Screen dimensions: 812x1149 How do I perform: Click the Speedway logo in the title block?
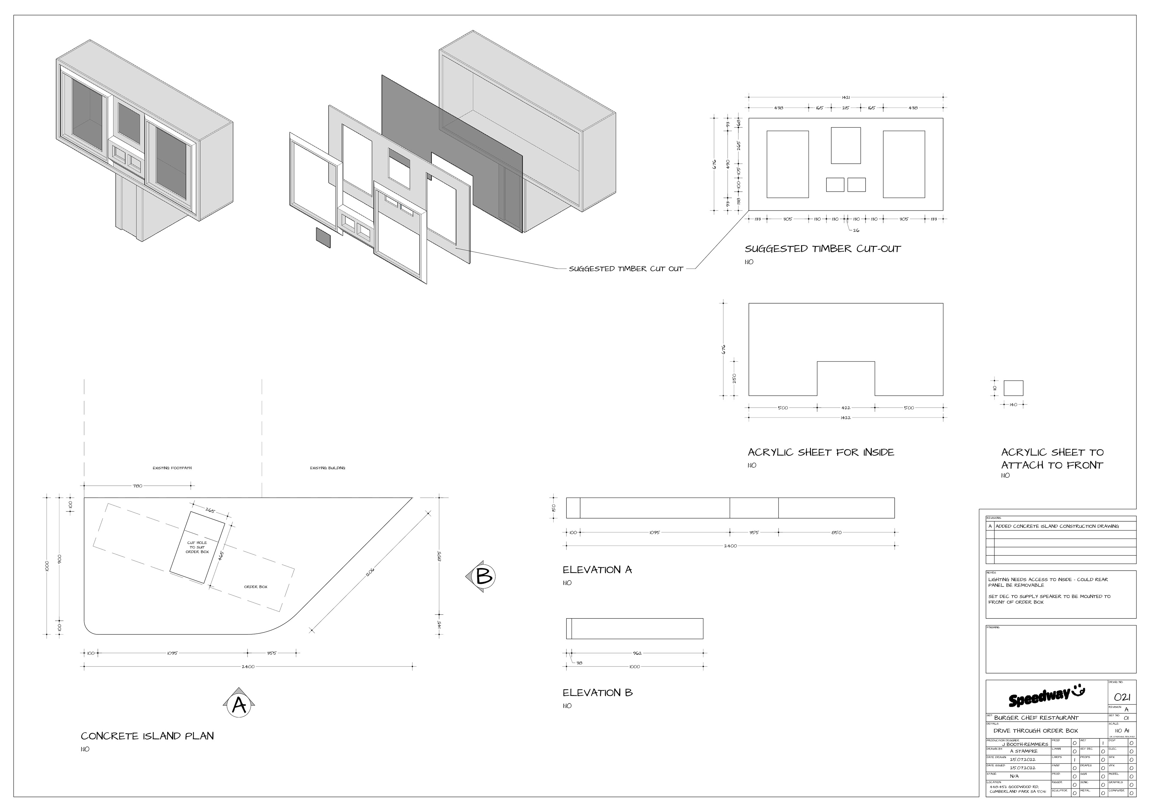[x=1046, y=697]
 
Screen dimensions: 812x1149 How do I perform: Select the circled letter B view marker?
[x=484, y=576]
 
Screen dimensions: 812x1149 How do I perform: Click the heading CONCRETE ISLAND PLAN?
[x=147, y=736]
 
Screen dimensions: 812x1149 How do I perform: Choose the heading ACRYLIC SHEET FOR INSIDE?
[x=821, y=452]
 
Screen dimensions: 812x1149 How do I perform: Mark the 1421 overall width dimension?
[x=846, y=97]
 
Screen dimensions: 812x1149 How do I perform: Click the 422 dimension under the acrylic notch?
[x=846, y=408]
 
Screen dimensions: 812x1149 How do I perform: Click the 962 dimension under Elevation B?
[x=637, y=653]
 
